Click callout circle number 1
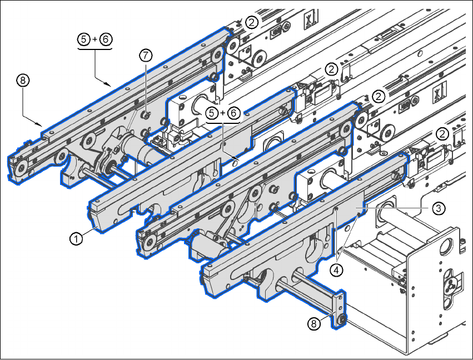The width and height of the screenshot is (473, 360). coord(76,238)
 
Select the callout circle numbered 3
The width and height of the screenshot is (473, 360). coord(439,208)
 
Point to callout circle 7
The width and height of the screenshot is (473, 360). coord(146,55)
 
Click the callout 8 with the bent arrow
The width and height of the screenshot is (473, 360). coord(22,81)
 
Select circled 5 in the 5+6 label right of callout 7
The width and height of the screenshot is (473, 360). coord(211,113)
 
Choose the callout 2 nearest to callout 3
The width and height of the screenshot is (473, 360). coord(442,133)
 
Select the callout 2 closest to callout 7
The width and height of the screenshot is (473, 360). coord(252,22)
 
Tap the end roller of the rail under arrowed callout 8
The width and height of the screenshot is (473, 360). coord(20,168)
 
